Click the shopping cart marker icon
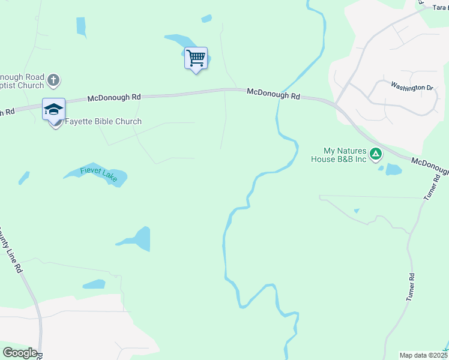click(x=196, y=59)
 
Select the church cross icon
click(x=53, y=80)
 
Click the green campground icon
click(x=376, y=155)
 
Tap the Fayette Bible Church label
click(x=103, y=122)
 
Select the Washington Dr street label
click(x=412, y=87)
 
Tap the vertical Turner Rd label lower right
click(x=411, y=287)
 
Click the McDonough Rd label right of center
click(x=273, y=95)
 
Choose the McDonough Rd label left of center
click(x=114, y=97)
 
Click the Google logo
click(x=19, y=353)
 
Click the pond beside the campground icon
click(x=393, y=169)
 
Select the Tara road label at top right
click(x=440, y=8)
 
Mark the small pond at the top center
click(x=206, y=19)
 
